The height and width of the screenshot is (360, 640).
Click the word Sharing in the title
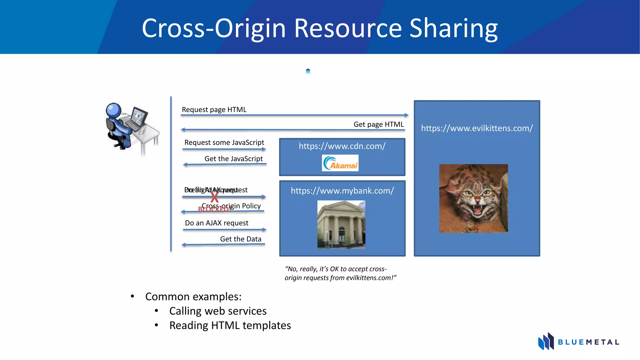pos(453,29)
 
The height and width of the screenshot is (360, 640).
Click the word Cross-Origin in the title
pos(214,29)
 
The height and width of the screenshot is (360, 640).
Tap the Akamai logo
pos(340,163)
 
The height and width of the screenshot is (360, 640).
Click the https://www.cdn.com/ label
pos(342,146)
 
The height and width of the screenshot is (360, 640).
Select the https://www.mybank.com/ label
pos(342,191)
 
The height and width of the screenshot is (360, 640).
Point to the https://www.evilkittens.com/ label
pos(477,128)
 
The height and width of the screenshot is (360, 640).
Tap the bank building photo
pos(341,224)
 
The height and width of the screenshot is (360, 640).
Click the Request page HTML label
pos(214,110)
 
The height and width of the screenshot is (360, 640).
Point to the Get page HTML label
pos(378,124)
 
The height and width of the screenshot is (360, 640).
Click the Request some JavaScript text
pos(224,142)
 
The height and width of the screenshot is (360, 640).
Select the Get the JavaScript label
pos(233,159)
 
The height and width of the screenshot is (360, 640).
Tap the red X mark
pos(214,197)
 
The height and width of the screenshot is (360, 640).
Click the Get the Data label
pos(241,239)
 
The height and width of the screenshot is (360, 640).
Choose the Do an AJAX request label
pos(217,223)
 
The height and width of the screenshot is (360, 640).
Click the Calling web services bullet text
pos(218,311)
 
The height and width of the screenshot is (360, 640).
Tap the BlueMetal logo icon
pos(546,341)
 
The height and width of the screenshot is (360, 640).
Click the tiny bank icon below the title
pos(308,71)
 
